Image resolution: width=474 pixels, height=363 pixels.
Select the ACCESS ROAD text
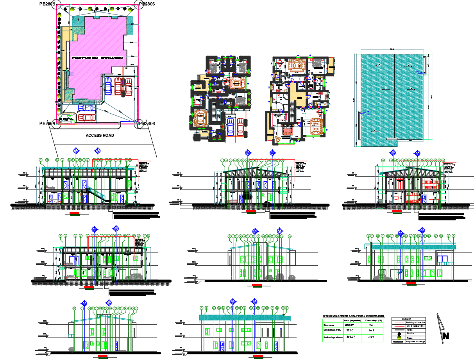point(100,136)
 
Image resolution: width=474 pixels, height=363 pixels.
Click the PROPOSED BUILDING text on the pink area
point(98,57)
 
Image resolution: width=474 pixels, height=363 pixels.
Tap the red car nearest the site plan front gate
point(86,117)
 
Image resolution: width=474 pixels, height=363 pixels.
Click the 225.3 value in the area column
point(350,331)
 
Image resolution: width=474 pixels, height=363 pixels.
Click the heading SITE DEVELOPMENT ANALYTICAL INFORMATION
point(353,316)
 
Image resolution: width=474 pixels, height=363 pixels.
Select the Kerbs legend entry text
point(410,330)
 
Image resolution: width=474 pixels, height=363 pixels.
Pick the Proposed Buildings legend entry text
point(415,342)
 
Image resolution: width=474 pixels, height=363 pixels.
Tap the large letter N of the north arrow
point(446,336)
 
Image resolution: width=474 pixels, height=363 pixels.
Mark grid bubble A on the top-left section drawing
point(41,160)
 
